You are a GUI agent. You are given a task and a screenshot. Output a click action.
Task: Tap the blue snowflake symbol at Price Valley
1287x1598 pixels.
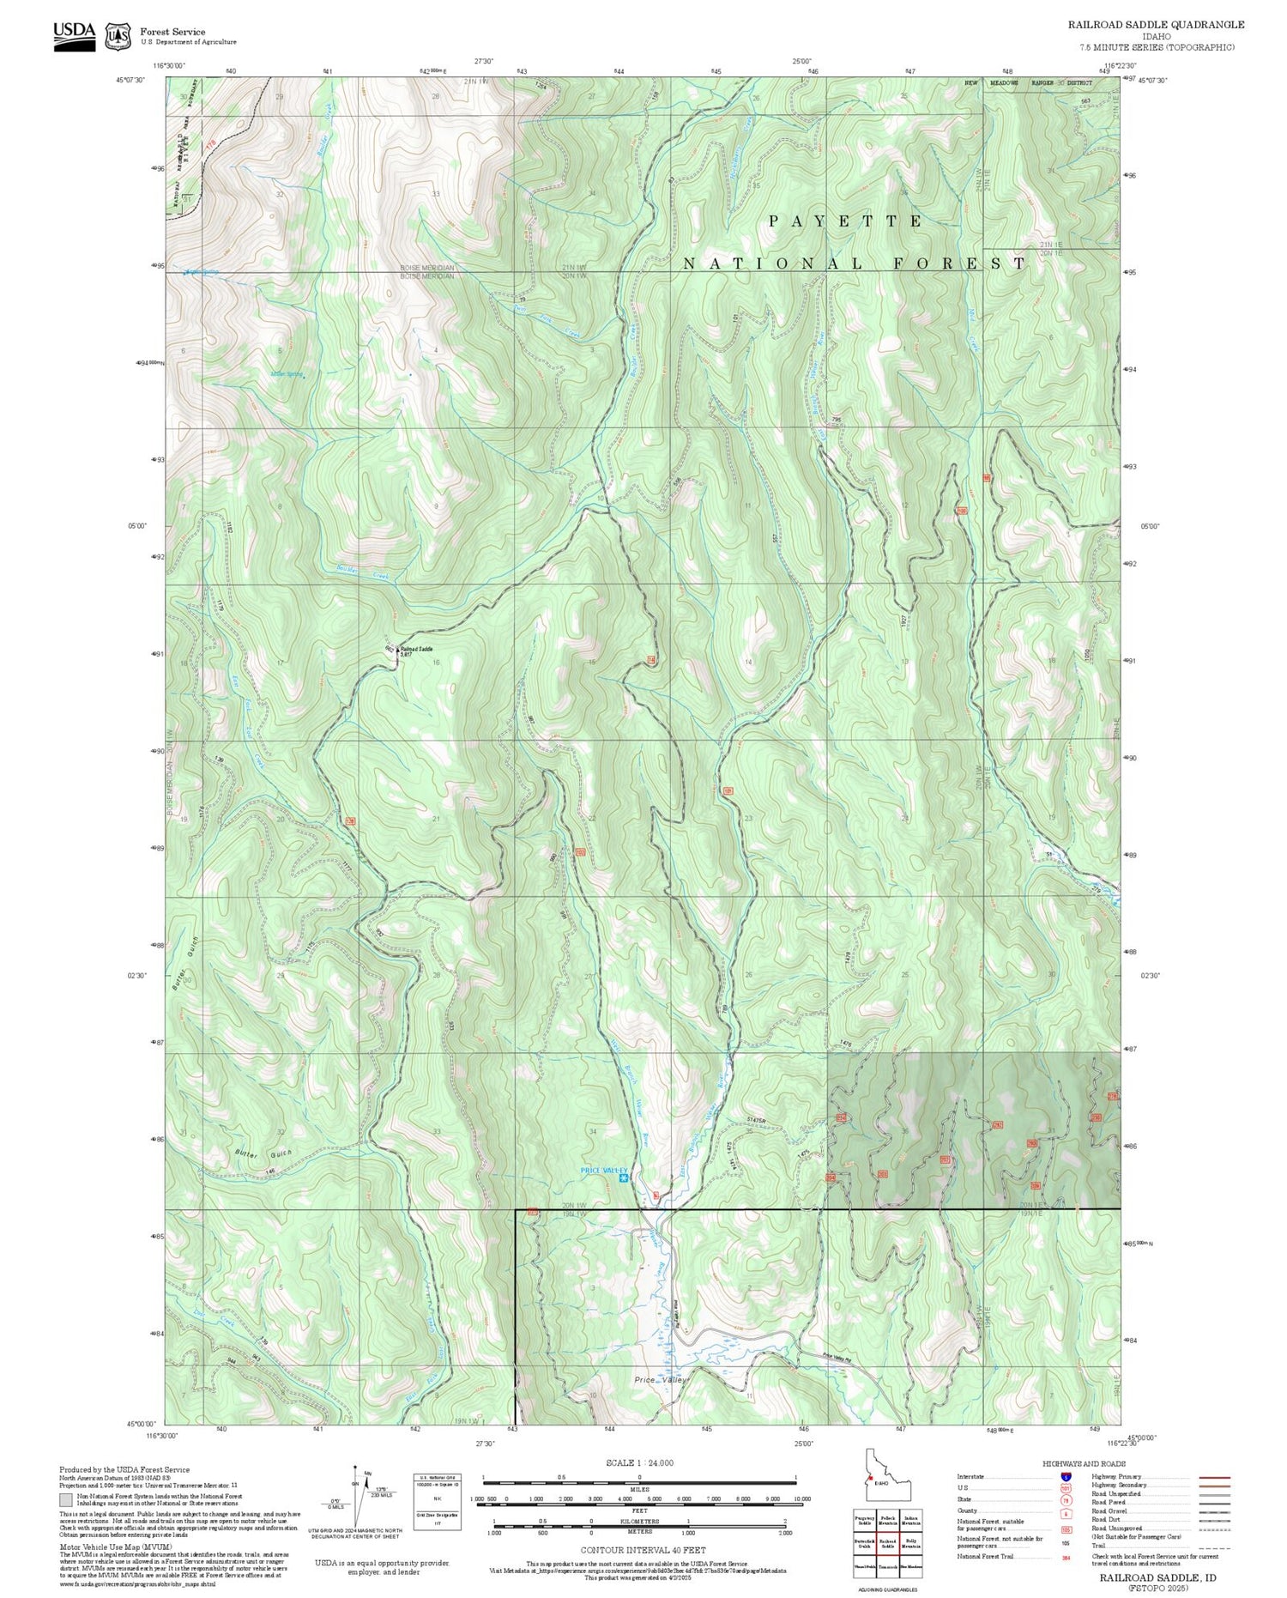coord(624,1177)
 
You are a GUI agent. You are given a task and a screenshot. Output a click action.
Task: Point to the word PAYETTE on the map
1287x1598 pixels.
coord(846,221)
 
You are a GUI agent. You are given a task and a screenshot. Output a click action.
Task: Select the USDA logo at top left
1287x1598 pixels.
coord(74,35)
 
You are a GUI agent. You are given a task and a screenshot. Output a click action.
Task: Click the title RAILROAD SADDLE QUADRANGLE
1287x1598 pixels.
coord(1156,25)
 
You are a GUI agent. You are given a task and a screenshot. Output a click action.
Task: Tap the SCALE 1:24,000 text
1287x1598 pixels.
coord(639,1462)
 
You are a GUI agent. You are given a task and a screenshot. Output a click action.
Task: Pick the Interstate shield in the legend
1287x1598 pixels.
coord(1066,1476)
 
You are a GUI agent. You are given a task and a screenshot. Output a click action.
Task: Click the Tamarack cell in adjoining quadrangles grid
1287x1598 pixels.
coord(887,1566)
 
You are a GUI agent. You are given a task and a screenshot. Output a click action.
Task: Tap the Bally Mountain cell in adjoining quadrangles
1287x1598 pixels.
coord(911,1543)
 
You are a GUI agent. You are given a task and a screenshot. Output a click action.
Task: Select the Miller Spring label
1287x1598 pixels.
coord(287,374)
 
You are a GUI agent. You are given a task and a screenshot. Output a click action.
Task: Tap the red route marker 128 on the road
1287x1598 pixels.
coord(350,821)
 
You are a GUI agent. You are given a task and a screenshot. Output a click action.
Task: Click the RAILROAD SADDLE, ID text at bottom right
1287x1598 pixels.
coord(1157,1577)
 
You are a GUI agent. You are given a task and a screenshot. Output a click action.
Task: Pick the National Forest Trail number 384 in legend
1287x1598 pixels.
coord(1066,1556)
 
